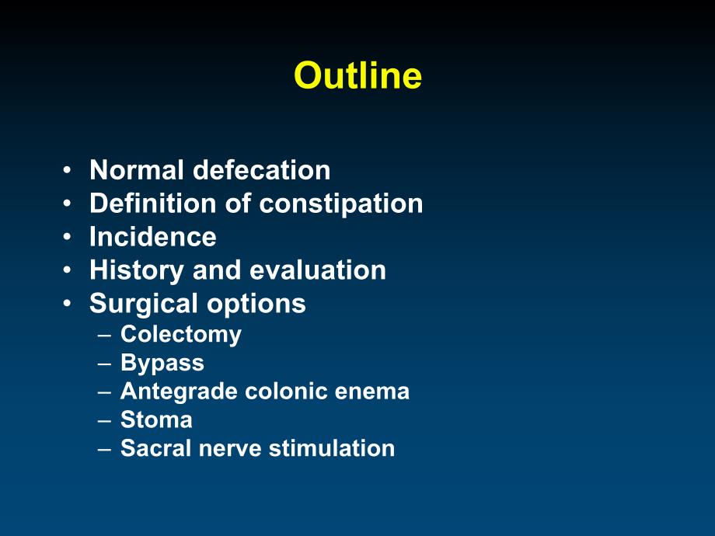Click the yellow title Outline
coord(358,75)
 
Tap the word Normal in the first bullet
coord(137,170)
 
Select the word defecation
coord(262,170)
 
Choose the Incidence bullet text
coord(153,237)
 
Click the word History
coord(136,271)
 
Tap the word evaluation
coord(318,270)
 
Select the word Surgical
coord(144,305)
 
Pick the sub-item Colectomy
coord(181,335)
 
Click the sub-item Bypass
coord(162,364)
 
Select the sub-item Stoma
coord(156,419)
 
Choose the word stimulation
coord(332,448)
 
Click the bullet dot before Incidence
coord(68,237)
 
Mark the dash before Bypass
coord(104,364)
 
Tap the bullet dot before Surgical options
coord(68,304)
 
